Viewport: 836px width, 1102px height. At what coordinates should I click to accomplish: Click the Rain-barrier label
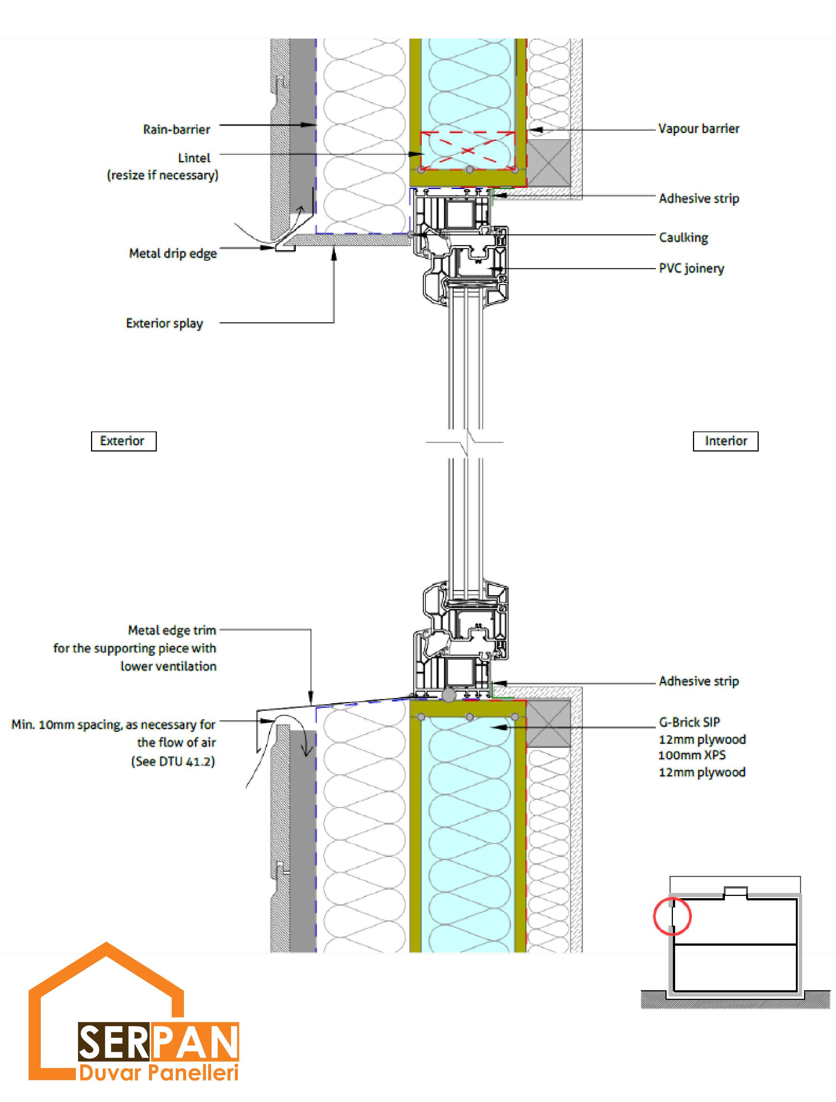[x=176, y=130]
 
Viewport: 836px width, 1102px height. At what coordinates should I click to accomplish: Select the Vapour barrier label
[x=699, y=128]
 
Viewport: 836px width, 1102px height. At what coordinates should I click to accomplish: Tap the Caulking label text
[x=683, y=238]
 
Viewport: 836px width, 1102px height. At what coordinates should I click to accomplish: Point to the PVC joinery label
[x=691, y=268]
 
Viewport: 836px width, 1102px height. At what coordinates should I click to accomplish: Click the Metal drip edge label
[x=173, y=254]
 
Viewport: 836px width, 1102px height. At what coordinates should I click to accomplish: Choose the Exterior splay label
[x=165, y=323]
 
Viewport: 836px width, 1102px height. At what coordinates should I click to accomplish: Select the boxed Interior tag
[x=725, y=441]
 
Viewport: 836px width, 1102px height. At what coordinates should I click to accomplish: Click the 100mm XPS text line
[x=692, y=755]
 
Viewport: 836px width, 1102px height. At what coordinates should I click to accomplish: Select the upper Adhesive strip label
[x=699, y=198]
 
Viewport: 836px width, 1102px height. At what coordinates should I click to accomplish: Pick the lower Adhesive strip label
[x=699, y=681]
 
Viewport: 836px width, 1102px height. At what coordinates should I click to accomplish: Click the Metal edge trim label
[x=172, y=630]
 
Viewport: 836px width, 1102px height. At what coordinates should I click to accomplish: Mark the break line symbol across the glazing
[x=464, y=442]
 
